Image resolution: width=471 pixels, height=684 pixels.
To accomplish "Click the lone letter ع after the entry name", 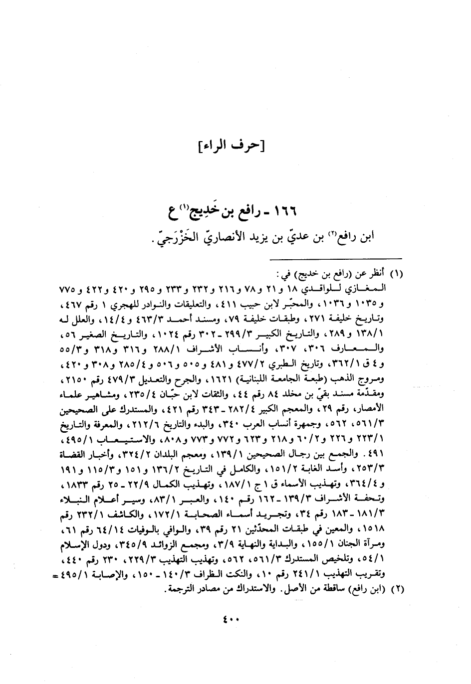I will (173, 210).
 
